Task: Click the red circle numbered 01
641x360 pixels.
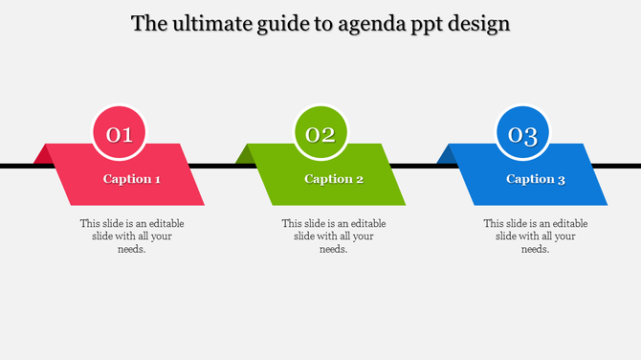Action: pyautogui.click(x=119, y=134)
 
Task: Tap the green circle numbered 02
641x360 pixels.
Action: pyautogui.click(x=320, y=134)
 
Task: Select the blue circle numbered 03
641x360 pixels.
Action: pyautogui.click(x=522, y=134)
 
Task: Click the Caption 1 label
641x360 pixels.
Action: pyautogui.click(x=132, y=179)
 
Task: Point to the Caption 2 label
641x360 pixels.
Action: pyautogui.click(x=334, y=179)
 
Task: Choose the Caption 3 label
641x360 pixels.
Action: pyautogui.click(x=536, y=179)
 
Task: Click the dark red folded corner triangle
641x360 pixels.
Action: pyautogui.click(x=41, y=155)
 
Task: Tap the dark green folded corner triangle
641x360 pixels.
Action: pyautogui.click(x=244, y=155)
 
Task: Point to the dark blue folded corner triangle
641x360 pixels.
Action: pyautogui.click(x=445, y=155)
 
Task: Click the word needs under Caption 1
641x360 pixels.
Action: pyautogui.click(x=131, y=250)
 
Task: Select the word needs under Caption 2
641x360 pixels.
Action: pyautogui.click(x=333, y=250)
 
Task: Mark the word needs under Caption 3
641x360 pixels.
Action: pyautogui.click(x=535, y=250)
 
